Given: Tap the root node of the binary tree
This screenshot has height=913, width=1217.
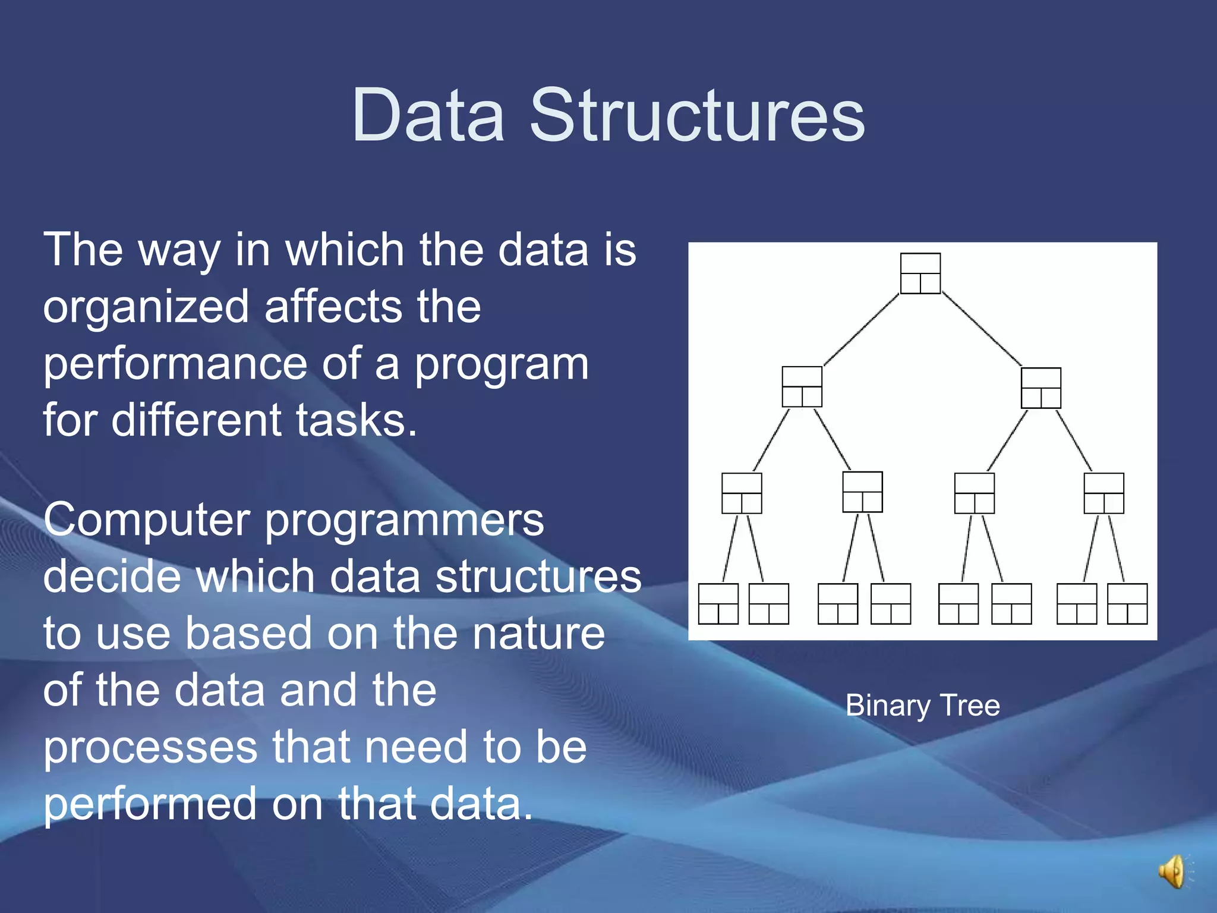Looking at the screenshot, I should [920, 273].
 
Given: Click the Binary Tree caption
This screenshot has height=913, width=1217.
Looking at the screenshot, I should [922, 706].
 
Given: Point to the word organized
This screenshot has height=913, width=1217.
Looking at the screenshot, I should [146, 308].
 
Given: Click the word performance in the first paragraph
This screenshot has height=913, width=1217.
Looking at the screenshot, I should [175, 364].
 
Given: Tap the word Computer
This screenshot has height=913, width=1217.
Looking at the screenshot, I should [146, 520].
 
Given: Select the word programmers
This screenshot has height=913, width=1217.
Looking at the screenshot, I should [404, 520].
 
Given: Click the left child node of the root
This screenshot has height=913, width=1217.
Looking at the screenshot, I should [802, 387].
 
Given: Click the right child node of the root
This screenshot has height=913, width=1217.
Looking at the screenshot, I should [1041, 388].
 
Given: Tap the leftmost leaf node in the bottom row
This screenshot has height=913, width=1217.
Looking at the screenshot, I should [718, 604].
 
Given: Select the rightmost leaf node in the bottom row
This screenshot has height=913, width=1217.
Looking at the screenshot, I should [1127, 604].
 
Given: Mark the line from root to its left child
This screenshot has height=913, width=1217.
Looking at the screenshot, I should [861, 329].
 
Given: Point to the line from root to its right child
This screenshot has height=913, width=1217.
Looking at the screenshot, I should [982, 329].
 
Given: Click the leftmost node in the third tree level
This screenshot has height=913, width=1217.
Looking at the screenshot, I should [742, 493].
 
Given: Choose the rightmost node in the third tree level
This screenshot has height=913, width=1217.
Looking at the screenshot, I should [1104, 493].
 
